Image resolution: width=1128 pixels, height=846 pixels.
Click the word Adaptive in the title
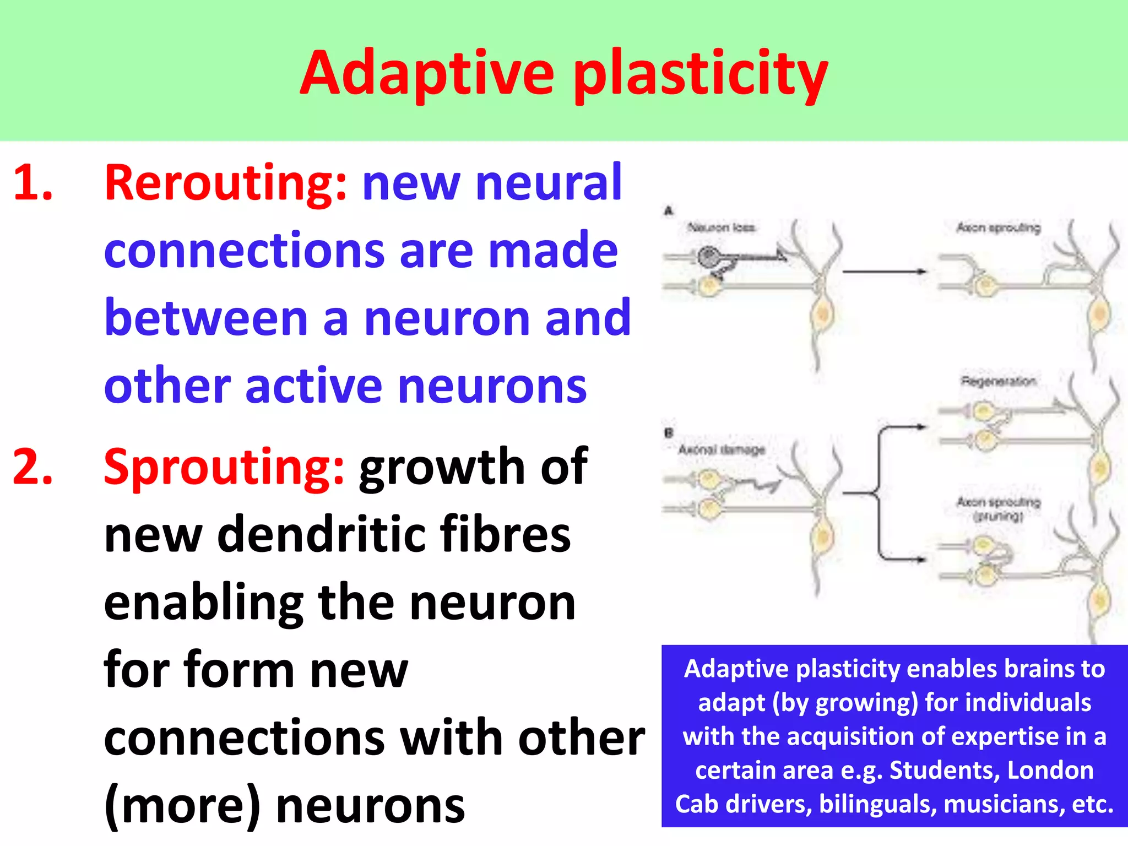click(x=427, y=73)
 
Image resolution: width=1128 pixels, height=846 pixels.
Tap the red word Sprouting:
click(x=224, y=468)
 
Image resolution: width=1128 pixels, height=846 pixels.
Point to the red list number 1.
click(x=33, y=183)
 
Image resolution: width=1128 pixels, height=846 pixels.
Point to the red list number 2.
click(x=33, y=468)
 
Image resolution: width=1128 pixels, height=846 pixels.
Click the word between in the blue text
click(x=206, y=318)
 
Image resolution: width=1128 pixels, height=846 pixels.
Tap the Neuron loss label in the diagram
click(x=721, y=227)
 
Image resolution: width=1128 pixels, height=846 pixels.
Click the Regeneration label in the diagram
click(x=998, y=381)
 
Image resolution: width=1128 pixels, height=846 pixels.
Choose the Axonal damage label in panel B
click(x=721, y=450)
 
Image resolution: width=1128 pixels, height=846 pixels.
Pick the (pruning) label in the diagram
click(x=998, y=516)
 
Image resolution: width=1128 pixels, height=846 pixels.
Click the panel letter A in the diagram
click(x=669, y=211)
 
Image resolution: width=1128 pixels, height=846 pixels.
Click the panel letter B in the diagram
click(x=669, y=433)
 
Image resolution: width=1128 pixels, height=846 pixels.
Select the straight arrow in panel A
click(x=883, y=272)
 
